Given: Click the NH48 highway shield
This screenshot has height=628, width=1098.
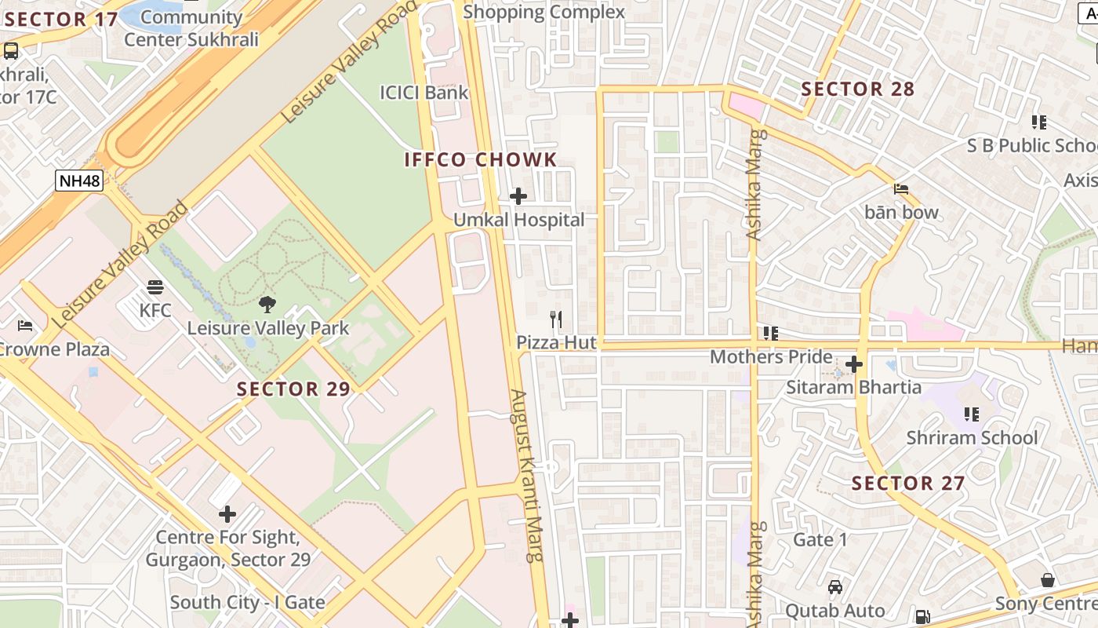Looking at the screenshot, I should click(x=80, y=181).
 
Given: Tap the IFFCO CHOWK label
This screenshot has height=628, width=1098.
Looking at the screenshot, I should click(x=480, y=160).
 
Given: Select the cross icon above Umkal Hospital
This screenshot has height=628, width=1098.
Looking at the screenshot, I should click(x=518, y=196).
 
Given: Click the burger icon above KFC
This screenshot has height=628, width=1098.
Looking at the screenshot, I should click(x=155, y=287).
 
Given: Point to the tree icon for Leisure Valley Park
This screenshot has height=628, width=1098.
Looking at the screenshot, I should click(x=267, y=305).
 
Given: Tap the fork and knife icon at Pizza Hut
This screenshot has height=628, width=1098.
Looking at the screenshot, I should click(x=556, y=319).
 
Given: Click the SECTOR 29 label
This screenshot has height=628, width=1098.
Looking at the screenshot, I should click(x=293, y=389).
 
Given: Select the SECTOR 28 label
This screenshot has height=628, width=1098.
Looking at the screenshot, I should click(x=858, y=89).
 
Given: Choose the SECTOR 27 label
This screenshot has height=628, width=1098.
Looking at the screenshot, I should click(x=908, y=483).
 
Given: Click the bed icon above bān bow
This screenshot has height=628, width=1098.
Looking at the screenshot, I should click(x=901, y=189).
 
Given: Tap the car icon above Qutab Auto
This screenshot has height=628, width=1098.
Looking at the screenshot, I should click(x=835, y=587).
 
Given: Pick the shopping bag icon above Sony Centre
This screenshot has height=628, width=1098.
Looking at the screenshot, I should click(x=1048, y=580).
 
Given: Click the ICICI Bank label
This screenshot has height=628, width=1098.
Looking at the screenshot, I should click(x=424, y=93).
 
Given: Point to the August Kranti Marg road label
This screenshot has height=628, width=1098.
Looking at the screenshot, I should click(x=527, y=475).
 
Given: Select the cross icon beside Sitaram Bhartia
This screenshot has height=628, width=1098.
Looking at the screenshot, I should click(x=854, y=364).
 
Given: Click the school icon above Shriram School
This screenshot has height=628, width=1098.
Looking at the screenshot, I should click(x=972, y=414).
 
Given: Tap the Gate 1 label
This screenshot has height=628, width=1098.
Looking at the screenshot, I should click(x=820, y=539).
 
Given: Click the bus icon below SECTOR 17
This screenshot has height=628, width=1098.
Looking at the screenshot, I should click(x=11, y=51).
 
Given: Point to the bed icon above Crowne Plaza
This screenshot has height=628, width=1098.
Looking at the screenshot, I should click(x=25, y=326).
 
